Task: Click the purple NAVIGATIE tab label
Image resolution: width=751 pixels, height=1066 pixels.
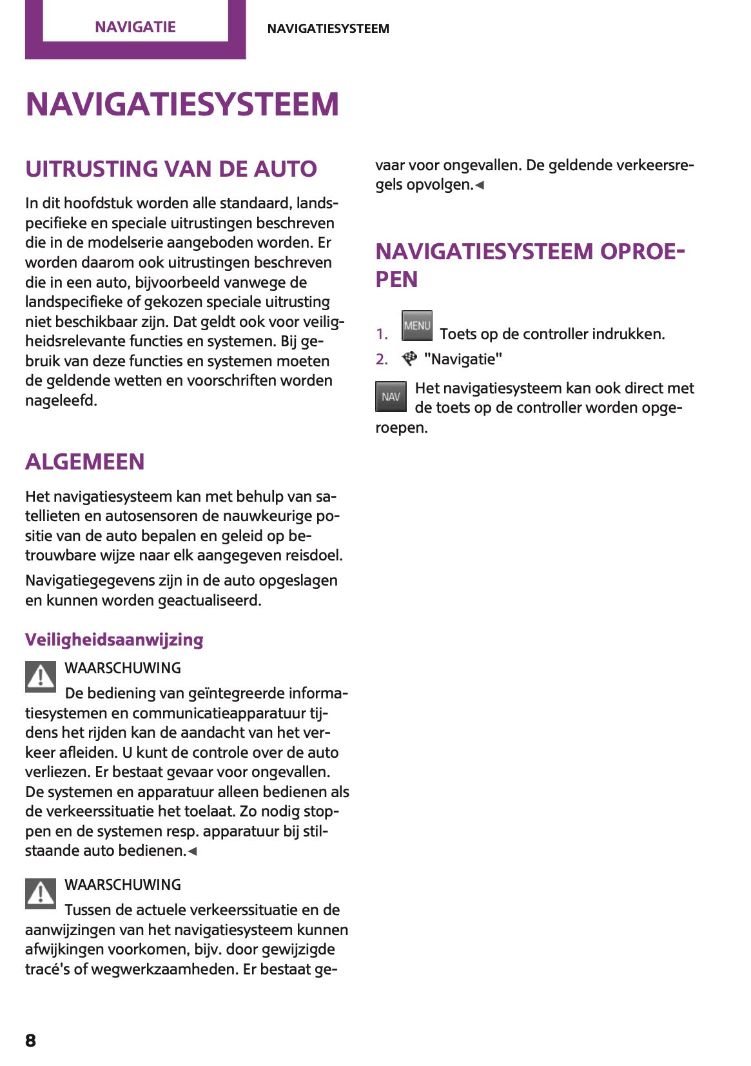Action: [x=135, y=27]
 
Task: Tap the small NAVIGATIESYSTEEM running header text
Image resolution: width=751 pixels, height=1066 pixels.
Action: [x=328, y=28]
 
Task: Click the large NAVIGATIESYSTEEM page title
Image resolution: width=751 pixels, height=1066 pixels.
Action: [x=182, y=104]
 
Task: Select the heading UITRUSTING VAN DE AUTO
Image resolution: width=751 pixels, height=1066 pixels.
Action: [x=171, y=169]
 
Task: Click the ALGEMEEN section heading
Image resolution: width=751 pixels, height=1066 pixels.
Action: [x=85, y=462]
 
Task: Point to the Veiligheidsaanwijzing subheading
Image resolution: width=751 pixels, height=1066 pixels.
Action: [x=114, y=640]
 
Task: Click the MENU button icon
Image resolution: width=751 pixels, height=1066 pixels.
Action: [x=416, y=326]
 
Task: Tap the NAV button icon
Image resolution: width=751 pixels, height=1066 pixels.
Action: [x=391, y=397]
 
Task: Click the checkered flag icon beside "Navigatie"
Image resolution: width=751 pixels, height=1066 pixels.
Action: [x=409, y=359]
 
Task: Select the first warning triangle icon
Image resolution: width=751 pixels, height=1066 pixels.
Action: [x=41, y=677]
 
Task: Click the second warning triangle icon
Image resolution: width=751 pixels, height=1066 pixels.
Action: [x=41, y=894]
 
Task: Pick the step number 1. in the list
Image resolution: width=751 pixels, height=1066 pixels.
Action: [x=382, y=334]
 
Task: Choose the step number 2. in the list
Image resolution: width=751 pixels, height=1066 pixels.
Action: [x=382, y=359]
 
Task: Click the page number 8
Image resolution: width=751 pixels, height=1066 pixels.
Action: [x=30, y=1040]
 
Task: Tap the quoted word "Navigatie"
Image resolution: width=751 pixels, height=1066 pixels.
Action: [x=463, y=359]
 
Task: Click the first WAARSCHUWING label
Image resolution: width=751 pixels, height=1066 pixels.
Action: [x=122, y=668]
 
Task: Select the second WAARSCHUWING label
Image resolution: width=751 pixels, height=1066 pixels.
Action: [x=122, y=885]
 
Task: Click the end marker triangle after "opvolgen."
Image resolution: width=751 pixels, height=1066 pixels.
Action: [x=480, y=186]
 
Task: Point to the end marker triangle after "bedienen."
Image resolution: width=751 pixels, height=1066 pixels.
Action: [x=192, y=851]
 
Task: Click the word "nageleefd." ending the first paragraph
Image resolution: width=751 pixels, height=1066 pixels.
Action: [x=61, y=400]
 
